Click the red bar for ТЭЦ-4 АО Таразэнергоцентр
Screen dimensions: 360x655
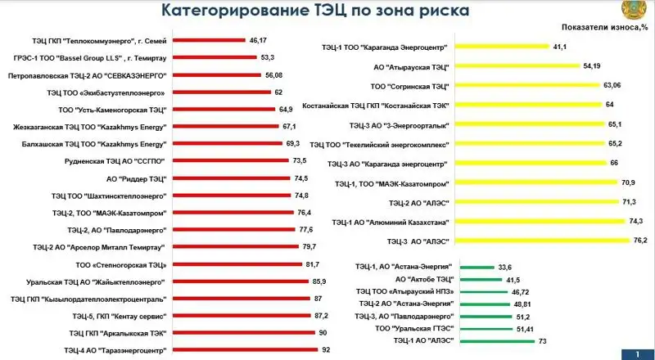tap(245, 350)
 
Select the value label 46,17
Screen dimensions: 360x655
tap(260, 39)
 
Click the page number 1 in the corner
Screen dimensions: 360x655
tap(636, 353)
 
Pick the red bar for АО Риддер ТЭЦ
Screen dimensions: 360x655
tap(231, 178)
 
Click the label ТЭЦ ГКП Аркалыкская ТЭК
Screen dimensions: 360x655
tap(118, 333)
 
